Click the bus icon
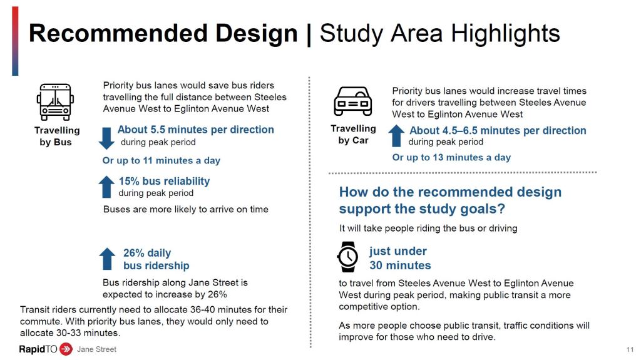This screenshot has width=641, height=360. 55,102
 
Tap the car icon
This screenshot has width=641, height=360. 353,101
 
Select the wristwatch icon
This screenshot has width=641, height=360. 347,257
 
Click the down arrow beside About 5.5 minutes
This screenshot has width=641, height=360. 106,138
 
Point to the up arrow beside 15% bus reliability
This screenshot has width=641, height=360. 106,187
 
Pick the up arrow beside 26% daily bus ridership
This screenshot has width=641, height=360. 107,259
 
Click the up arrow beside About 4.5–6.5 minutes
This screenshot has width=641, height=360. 396,136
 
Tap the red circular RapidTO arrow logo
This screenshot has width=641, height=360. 66,349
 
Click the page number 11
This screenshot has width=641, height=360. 630,350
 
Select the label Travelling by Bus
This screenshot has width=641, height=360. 57,136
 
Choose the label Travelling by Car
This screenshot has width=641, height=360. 353,135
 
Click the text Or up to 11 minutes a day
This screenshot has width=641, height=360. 161,160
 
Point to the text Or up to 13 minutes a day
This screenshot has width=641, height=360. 451,158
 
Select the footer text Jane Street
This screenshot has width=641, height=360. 96,349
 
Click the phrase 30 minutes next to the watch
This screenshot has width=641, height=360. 400,265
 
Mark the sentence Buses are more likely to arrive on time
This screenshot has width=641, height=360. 185,210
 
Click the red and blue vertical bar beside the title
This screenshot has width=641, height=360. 15,41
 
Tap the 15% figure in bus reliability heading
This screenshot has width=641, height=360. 129,181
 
